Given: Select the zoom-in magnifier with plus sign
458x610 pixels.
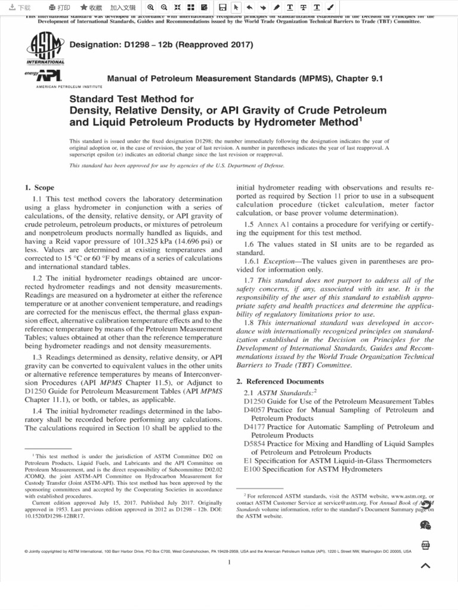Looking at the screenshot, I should click(x=151, y=7).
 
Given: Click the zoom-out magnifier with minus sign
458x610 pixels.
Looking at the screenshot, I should click(x=164, y=7).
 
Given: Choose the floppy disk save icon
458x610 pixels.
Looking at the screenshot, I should click(x=222, y=7).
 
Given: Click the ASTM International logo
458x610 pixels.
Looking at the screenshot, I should click(x=45, y=48).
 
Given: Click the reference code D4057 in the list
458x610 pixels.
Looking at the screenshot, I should click(x=255, y=410).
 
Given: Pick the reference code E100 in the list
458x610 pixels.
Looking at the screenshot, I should click(x=252, y=469).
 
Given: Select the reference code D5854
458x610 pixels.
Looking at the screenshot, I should click(x=255, y=444).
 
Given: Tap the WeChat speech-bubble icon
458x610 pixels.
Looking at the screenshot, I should click(x=426, y=525).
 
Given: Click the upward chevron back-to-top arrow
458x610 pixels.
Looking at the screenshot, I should click(x=426, y=566).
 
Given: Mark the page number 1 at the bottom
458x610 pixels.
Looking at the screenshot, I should click(x=229, y=563).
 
